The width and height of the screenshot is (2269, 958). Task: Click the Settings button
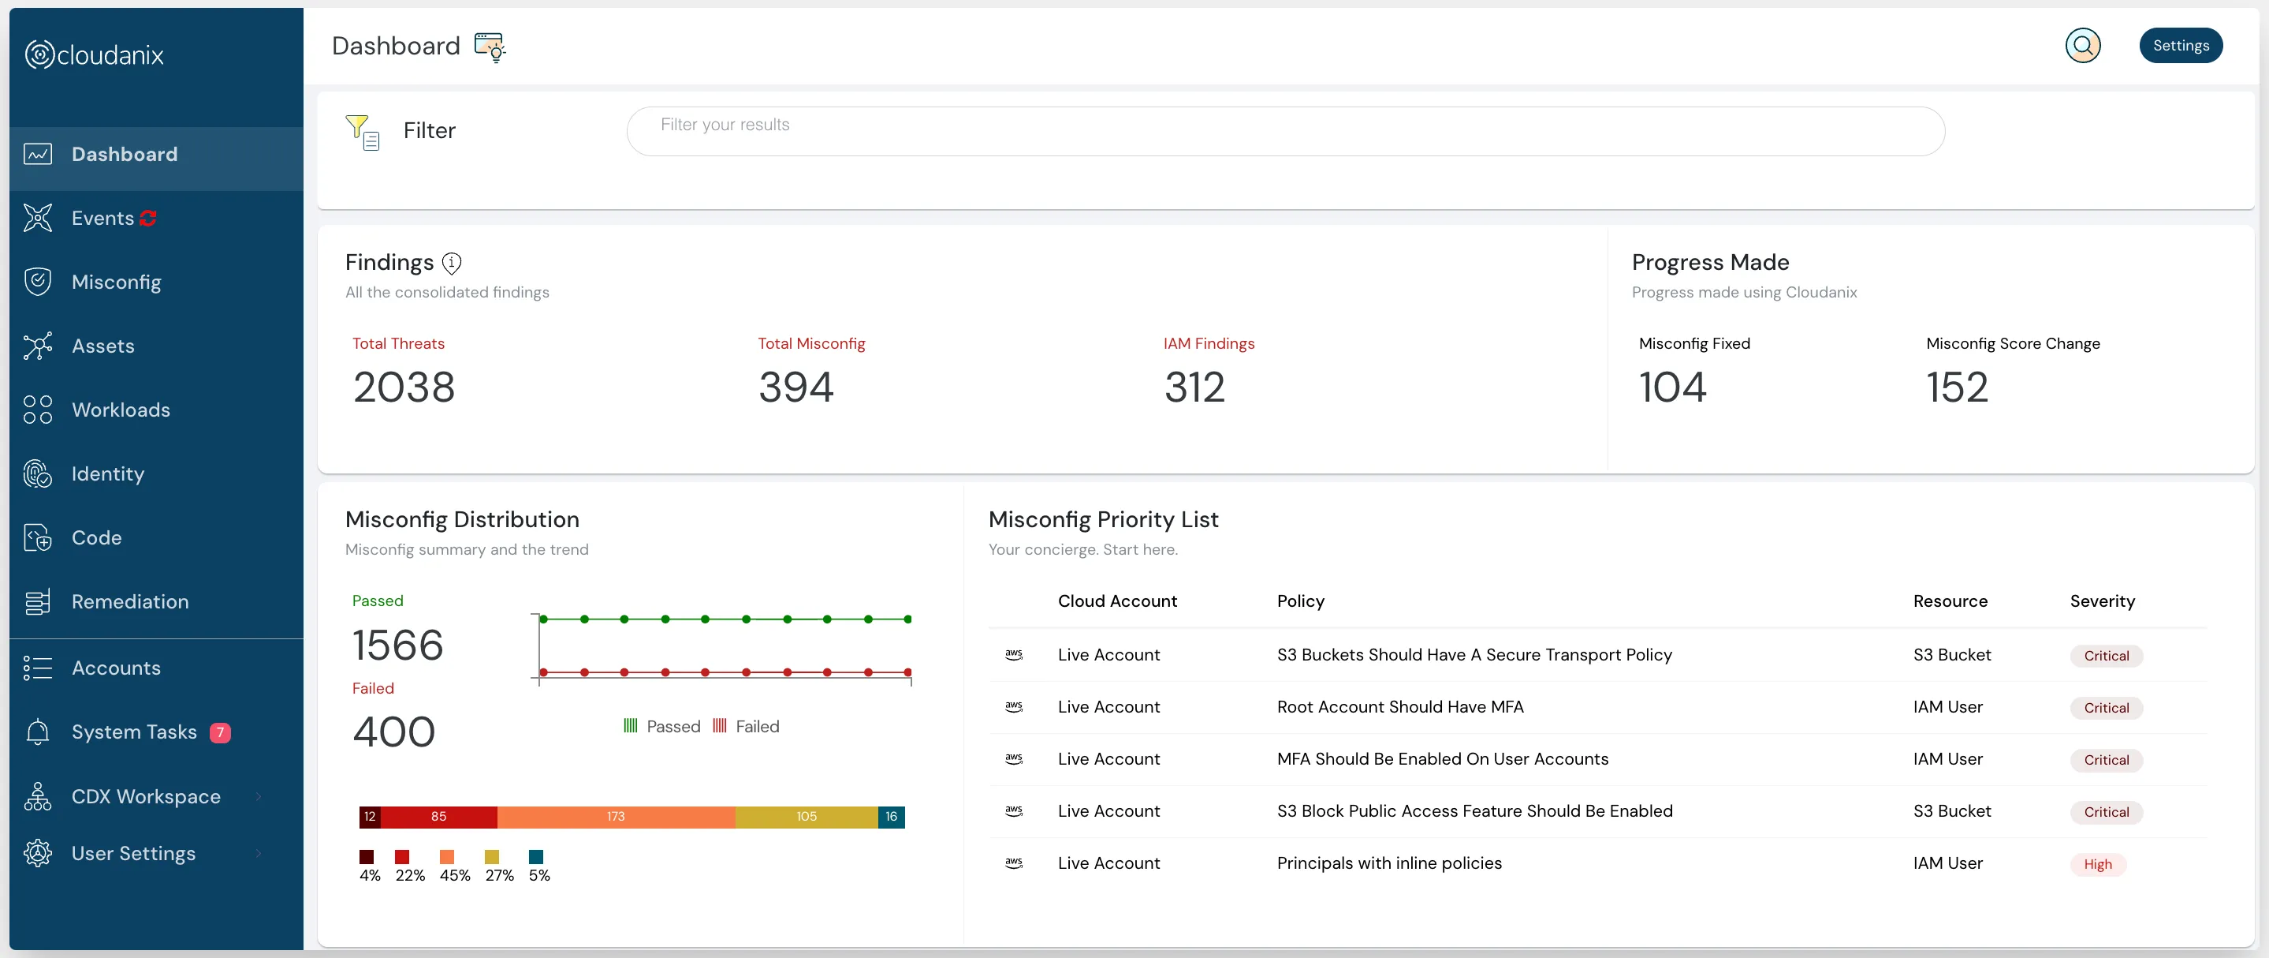click(2180, 46)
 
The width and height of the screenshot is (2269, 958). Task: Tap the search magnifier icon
click(2082, 46)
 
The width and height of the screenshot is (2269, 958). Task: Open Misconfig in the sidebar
click(116, 282)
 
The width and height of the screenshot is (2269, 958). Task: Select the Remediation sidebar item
click(129, 602)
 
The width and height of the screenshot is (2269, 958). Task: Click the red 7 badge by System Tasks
click(220, 732)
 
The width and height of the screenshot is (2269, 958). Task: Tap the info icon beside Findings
click(452, 263)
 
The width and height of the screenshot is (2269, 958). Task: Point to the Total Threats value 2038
click(404, 387)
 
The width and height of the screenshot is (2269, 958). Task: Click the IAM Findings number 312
click(1194, 387)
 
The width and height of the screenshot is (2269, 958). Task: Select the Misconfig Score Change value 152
click(1957, 387)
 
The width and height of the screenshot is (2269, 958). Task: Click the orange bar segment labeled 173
click(616, 817)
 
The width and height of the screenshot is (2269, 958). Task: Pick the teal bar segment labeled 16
click(892, 817)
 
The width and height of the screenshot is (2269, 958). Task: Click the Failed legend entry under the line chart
click(746, 726)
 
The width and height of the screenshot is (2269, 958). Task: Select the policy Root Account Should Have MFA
click(1399, 707)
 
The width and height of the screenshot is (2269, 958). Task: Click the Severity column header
click(2102, 601)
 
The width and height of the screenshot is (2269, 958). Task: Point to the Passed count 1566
click(397, 646)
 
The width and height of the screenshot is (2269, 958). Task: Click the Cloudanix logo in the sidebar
click(95, 54)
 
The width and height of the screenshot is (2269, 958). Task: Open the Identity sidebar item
click(107, 474)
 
